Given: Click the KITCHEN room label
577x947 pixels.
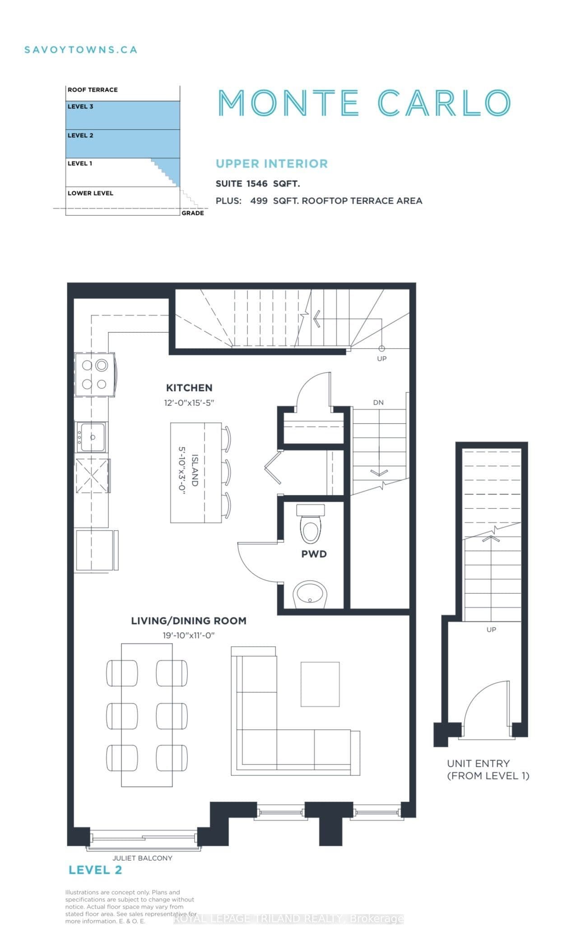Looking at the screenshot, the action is coord(189,387).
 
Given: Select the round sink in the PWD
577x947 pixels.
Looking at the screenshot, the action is coord(310,594).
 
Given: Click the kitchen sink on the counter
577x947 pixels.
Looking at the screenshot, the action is coord(92,437).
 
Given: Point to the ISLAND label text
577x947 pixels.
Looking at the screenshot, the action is coord(195,470).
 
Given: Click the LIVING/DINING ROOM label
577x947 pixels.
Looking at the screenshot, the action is coord(189,620).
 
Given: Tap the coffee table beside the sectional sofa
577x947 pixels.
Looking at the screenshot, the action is coord(320,684).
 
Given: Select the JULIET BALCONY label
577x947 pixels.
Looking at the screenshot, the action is coord(142,858).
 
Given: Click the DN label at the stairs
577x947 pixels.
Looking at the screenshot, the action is coord(378,402).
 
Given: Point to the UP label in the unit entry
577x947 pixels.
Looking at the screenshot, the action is coord(491,630).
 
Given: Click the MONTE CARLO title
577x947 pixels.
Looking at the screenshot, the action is coord(364,103).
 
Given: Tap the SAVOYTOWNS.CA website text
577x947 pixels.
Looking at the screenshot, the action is coord(81,50).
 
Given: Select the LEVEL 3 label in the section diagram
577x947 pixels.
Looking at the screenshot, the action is coord(80,107).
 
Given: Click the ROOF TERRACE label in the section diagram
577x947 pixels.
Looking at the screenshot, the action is coord(93,89).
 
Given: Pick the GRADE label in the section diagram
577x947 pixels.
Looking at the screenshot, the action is coord(193,213).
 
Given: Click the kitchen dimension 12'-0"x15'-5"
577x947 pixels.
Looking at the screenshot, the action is coord(189,402).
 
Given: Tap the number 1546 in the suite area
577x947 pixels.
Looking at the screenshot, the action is coord(257,183).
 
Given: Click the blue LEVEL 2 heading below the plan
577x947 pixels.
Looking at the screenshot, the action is coord(95,870).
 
